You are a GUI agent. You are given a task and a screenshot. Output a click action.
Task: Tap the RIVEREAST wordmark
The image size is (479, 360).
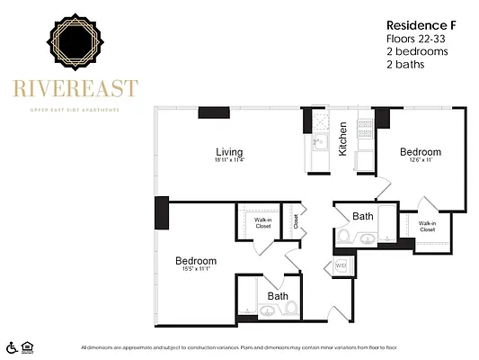pyautogui.click(x=75, y=88)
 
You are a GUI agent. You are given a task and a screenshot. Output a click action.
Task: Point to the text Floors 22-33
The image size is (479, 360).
pyautogui.click(x=415, y=39)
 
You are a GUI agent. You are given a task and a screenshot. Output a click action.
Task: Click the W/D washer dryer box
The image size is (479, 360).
pyautogui.click(x=341, y=266)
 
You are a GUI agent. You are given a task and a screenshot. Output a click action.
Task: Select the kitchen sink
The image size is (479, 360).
pyautogui.click(x=318, y=142)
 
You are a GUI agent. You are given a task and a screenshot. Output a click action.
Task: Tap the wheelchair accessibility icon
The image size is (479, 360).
pyautogui.click(x=12, y=346)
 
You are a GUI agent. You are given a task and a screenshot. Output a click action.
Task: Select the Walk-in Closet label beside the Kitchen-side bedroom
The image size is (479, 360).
pyautogui.click(x=427, y=226)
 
